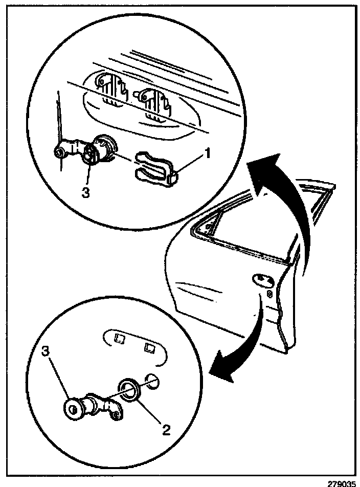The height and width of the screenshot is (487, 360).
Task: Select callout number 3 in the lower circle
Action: pos(47,352)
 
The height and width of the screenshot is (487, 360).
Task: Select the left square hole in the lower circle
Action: pos(120,338)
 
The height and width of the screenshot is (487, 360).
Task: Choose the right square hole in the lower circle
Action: pos(150,348)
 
